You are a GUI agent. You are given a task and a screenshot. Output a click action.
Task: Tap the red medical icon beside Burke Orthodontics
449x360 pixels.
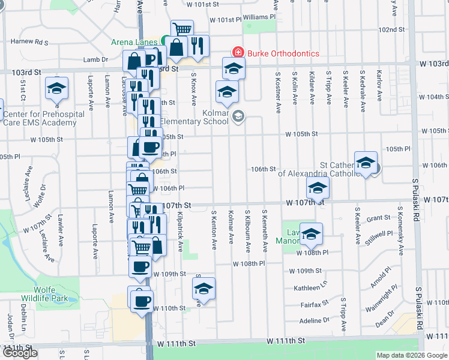(238, 53)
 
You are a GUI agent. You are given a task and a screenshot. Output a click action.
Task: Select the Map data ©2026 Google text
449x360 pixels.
(412, 355)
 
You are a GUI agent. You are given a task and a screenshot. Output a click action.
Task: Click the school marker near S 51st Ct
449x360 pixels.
(56, 89)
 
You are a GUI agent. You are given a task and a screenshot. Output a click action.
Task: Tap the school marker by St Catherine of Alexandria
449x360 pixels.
(366, 163)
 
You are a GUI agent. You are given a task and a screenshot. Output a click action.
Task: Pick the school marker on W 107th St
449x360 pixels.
(318, 188)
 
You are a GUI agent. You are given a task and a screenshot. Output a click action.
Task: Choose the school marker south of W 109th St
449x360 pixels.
(203, 289)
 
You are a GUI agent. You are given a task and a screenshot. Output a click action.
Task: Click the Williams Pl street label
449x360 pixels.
(259, 17)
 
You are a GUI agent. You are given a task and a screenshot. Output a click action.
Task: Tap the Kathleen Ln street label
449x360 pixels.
(310, 288)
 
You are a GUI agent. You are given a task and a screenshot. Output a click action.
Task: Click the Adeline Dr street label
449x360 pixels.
(315, 321)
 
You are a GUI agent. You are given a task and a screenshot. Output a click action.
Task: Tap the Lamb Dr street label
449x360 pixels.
(95, 59)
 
